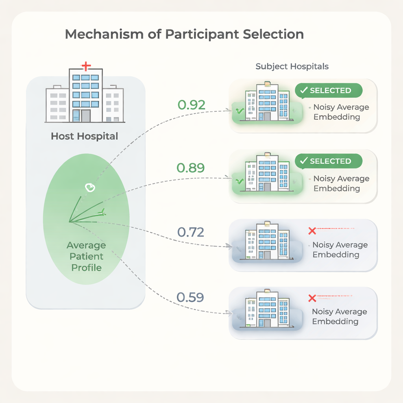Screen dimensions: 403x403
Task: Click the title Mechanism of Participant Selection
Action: point(184,34)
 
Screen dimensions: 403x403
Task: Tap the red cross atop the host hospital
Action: point(86,66)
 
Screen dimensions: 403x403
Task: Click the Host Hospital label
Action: point(84,136)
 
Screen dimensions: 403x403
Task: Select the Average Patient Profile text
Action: point(86,256)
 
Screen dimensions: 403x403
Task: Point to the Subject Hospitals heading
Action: point(292,66)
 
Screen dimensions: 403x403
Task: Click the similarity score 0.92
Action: point(192,105)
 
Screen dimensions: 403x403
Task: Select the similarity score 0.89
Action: point(191,168)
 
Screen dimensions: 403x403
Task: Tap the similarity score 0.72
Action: point(191,232)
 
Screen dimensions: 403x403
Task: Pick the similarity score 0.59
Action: point(190,298)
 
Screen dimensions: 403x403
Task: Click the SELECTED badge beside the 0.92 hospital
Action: point(329,91)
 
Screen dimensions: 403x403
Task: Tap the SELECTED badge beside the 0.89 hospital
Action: point(329,161)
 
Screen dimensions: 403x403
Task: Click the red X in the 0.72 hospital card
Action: point(312,231)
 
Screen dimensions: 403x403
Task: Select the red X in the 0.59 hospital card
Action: point(312,298)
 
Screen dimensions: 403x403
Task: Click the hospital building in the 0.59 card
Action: point(267,309)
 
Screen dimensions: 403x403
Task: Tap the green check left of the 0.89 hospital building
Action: point(240,181)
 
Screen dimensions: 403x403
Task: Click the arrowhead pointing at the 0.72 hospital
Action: point(229,246)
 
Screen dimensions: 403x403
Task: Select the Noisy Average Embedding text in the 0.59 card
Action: point(339,316)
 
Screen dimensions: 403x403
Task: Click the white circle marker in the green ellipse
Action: point(90,188)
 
